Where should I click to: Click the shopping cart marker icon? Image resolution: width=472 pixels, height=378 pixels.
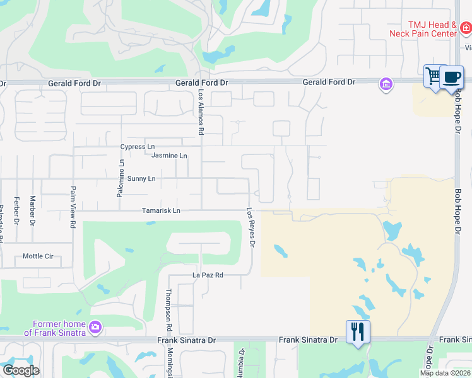434,76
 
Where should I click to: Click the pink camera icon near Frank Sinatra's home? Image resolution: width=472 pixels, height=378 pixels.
95,326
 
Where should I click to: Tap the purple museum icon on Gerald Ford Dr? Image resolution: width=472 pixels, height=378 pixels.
386,83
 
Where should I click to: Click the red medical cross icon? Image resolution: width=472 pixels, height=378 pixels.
466,27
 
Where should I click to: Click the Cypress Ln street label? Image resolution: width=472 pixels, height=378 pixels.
137,147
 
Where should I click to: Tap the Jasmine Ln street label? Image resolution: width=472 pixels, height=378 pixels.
169,156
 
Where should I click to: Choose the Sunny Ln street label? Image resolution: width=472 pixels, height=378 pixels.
141,179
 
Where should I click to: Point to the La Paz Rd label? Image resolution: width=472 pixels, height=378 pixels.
208,275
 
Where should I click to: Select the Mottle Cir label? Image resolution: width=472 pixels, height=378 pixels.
38,256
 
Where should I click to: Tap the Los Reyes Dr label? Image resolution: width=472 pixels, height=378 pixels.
251,227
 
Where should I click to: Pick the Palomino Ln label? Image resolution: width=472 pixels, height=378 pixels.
119,178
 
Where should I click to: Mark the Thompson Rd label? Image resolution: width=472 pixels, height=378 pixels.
168,311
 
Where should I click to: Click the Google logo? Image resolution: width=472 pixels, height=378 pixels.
21,370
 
